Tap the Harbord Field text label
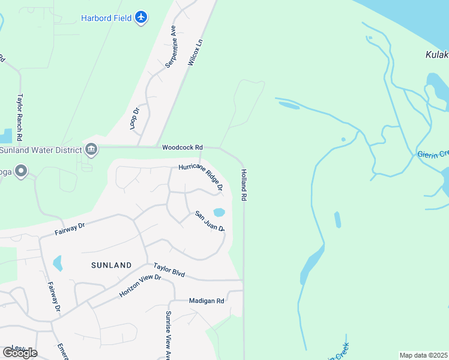[x=106, y=17]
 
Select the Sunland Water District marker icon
[x=91, y=149]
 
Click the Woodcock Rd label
[x=182, y=147]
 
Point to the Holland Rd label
[x=244, y=184]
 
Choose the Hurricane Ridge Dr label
[x=200, y=178]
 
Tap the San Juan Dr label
[x=209, y=221]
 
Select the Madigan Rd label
[x=206, y=301]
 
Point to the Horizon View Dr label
[x=140, y=286]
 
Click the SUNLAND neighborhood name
[x=111, y=265]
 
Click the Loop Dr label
[x=134, y=118]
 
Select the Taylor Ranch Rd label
[x=20, y=116]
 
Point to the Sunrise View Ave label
[x=169, y=335]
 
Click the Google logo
[x=19, y=353]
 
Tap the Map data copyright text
[x=424, y=355]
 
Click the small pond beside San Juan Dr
[x=219, y=212]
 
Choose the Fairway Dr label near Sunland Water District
[x=70, y=228]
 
